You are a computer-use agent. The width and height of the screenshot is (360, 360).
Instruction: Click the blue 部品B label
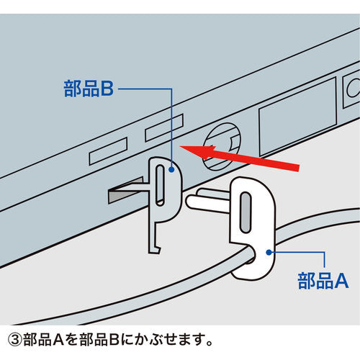(x=89, y=89)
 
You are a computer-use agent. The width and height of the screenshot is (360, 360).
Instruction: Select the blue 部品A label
(x=323, y=281)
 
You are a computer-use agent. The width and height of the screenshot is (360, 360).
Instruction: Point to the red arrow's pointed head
(x=180, y=147)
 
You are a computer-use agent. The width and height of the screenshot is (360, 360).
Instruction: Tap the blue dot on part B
(x=171, y=169)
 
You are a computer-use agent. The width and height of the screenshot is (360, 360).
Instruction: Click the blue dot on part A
(x=269, y=253)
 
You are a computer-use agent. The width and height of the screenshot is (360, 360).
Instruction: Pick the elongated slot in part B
(x=160, y=185)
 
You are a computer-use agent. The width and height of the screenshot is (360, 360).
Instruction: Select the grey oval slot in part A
(x=246, y=212)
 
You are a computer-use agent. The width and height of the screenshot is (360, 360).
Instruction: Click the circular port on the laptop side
(x=222, y=146)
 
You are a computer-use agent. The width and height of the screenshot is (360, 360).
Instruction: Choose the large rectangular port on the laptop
(x=297, y=117)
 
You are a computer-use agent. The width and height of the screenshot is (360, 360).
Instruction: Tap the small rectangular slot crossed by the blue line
(x=164, y=127)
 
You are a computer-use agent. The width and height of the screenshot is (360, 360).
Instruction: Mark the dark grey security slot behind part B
(x=125, y=191)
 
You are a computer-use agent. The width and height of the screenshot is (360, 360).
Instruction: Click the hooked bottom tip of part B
(x=155, y=251)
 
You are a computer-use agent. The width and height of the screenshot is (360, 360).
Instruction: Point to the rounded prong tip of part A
(x=189, y=202)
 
